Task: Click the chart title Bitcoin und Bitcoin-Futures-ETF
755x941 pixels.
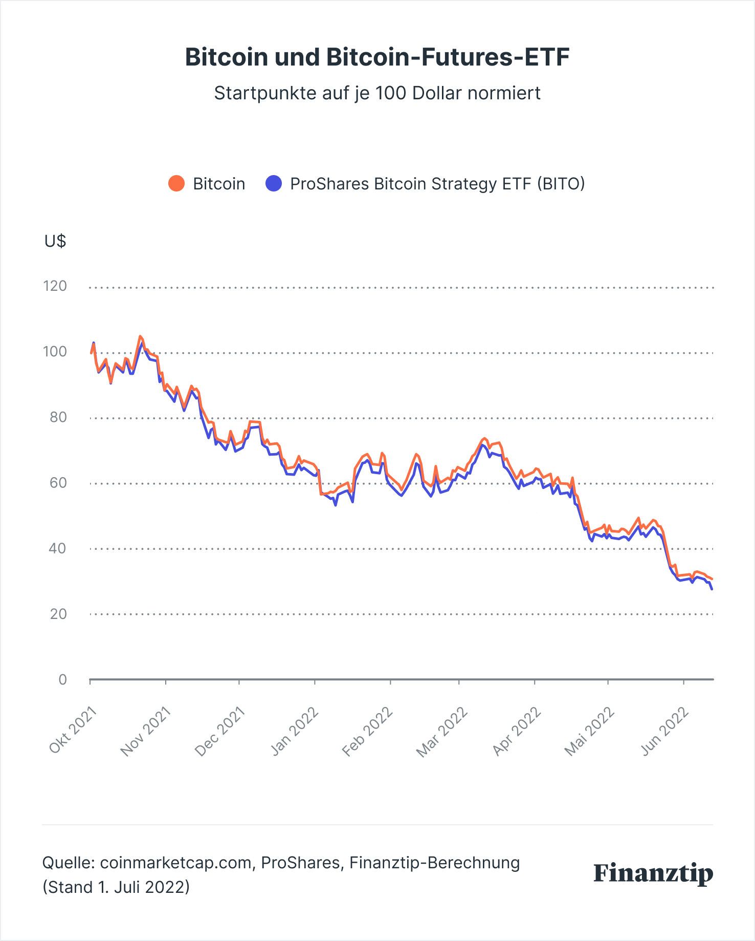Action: coord(377,57)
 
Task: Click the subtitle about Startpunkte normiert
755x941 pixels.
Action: coord(377,93)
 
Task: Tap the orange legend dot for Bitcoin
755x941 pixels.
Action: coord(176,183)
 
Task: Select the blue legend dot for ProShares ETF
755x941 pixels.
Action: coord(274,183)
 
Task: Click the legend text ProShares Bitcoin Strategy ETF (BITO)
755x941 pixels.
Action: coord(437,183)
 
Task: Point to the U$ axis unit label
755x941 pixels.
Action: coord(55,241)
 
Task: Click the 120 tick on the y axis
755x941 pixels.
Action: coord(55,286)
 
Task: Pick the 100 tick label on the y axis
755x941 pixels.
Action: coord(55,352)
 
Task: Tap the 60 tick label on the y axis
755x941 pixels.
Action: coord(58,483)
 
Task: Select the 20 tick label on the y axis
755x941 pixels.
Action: coord(58,614)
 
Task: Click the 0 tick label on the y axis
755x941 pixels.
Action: coord(62,679)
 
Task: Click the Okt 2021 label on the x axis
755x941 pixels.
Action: coord(73,730)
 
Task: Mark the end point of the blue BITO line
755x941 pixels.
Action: coord(712,589)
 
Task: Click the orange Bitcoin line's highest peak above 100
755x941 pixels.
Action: coord(140,336)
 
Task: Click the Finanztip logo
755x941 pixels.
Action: coord(653,873)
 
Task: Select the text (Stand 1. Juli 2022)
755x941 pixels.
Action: coord(116,887)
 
